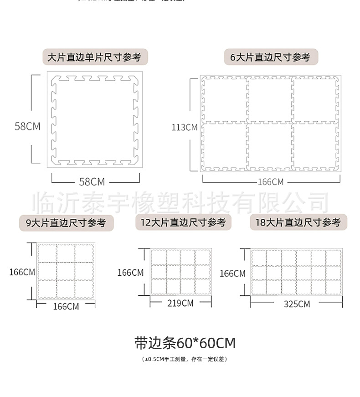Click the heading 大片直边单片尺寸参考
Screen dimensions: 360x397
[x=94, y=57]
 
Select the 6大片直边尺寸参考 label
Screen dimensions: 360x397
[x=270, y=57]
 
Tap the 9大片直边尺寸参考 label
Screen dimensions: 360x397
[x=66, y=223]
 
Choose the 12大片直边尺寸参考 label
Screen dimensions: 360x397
[x=183, y=222]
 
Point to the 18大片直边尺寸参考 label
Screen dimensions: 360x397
[x=298, y=222]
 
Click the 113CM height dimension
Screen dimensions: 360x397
[x=184, y=127]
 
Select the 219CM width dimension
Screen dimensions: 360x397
[x=181, y=303]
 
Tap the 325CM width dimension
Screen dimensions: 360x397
[x=297, y=304]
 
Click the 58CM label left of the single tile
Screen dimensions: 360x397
[x=27, y=126]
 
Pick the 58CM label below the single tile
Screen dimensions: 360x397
[x=92, y=182]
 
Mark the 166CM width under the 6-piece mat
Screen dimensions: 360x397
[x=271, y=182]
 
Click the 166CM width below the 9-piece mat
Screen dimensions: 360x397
[x=66, y=306]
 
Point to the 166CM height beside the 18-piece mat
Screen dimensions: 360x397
[x=232, y=273]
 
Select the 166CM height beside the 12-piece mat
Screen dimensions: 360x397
[x=130, y=273]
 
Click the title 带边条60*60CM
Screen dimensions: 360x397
[x=185, y=342]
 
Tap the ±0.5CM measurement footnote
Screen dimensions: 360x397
[x=185, y=359]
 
